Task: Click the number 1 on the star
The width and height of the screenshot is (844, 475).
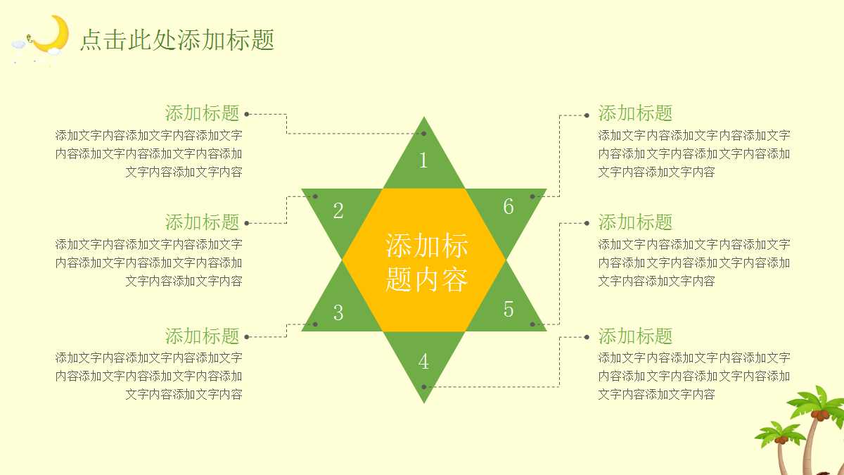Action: (x=423, y=160)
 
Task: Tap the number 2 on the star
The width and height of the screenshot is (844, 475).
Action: (x=338, y=210)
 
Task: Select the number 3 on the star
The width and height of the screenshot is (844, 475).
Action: (x=338, y=312)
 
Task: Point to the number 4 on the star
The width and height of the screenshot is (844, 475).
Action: (x=423, y=361)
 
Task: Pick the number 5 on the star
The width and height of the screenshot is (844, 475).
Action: (x=509, y=309)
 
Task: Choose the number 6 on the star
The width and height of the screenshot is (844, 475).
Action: (x=509, y=207)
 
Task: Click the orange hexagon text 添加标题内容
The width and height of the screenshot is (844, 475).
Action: (x=426, y=262)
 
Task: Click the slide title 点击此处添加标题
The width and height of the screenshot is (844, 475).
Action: (x=177, y=40)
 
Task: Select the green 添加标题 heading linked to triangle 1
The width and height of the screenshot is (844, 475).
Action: (x=203, y=113)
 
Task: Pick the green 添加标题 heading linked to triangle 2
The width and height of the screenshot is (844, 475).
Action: (x=203, y=222)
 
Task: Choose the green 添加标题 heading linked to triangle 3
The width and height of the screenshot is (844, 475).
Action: (x=203, y=336)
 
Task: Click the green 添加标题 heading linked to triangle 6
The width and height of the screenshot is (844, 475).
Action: (x=635, y=113)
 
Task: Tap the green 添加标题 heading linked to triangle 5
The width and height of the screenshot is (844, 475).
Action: (x=635, y=222)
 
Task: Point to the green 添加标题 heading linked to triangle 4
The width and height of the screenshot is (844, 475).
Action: (x=635, y=336)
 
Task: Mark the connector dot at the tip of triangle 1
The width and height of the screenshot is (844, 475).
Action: (x=423, y=133)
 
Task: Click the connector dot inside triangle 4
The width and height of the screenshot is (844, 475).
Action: (x=423, y=386)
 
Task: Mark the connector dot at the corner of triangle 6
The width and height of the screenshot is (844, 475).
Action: (x=532, y=196)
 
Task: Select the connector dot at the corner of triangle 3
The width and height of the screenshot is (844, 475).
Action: (x=315, y=324)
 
